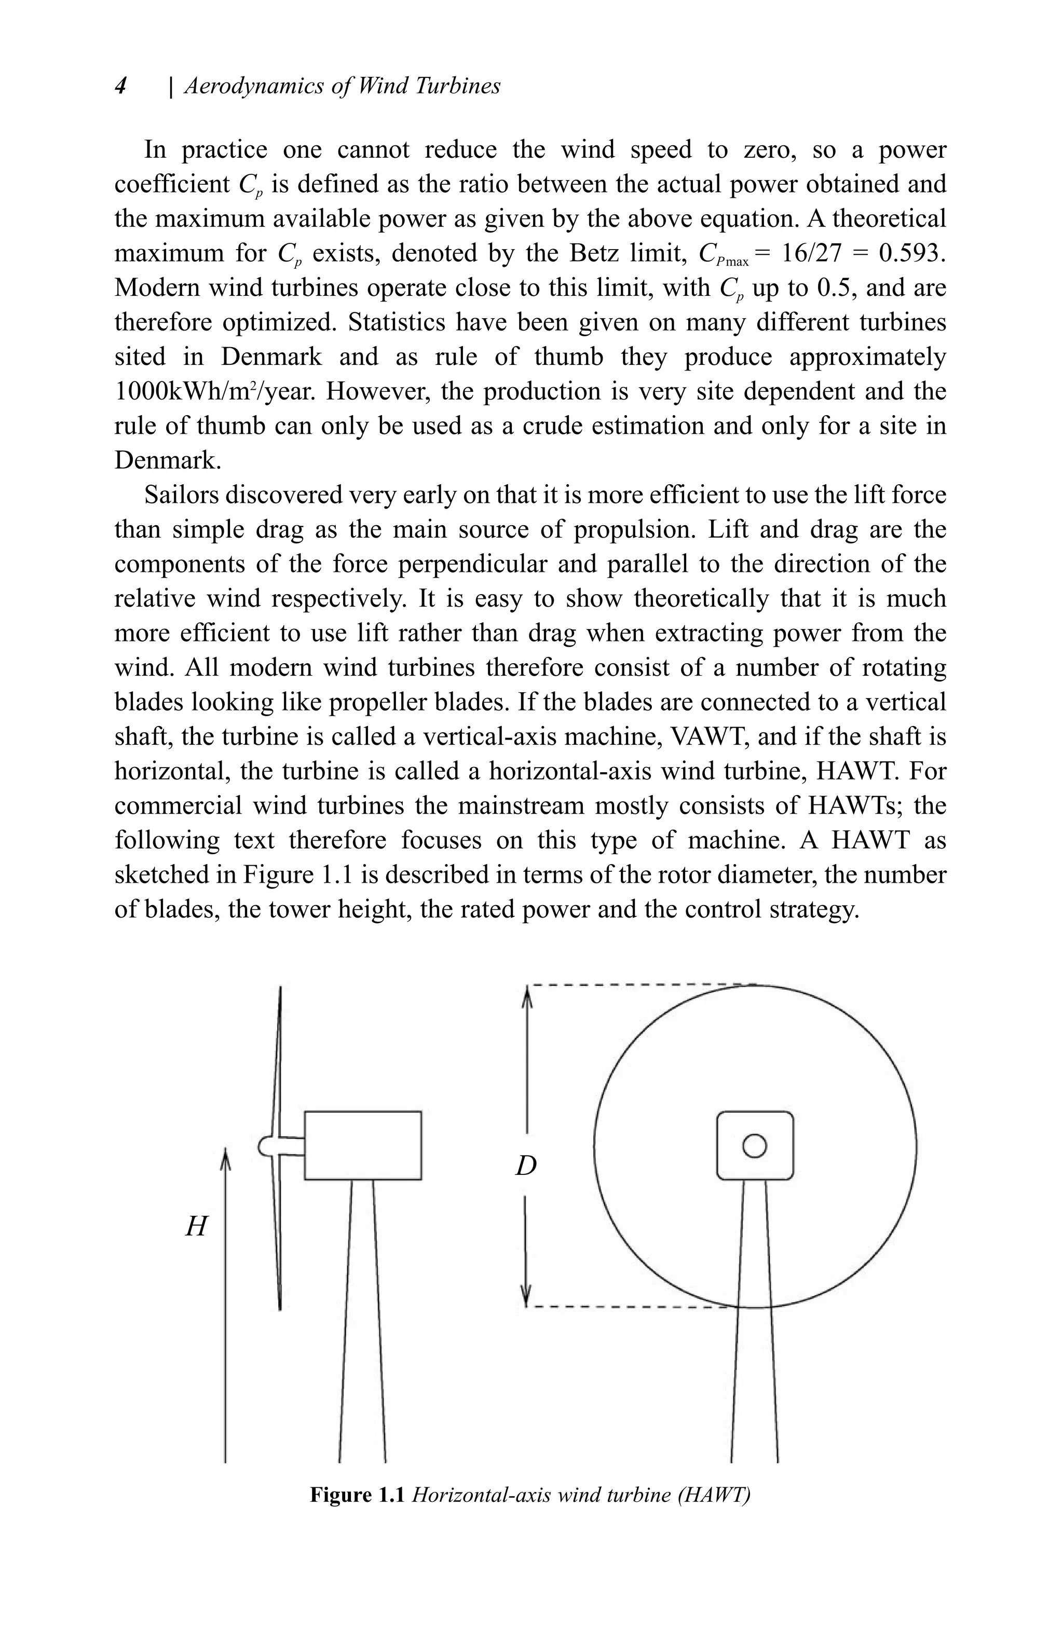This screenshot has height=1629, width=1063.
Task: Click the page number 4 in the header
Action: click(121, 86)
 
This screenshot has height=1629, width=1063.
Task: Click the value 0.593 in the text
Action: click(912, 253)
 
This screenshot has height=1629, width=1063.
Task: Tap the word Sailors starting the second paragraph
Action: click(180, 495)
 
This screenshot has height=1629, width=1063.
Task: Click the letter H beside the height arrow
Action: click(196, 1226)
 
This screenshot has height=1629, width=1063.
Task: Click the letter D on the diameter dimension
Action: click(526, 1165)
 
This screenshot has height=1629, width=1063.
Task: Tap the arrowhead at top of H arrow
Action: click(225, 1159)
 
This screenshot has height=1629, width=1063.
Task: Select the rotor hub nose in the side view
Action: click(266, 1146)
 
